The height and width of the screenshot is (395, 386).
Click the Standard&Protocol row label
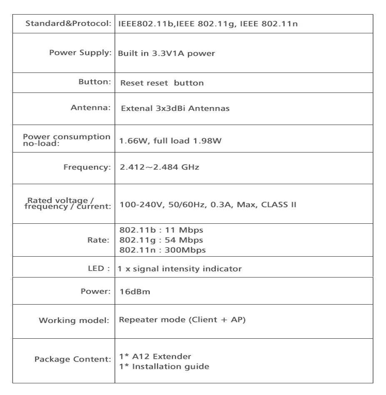pos(69,23)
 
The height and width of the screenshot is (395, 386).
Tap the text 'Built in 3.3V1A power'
pos(167,53)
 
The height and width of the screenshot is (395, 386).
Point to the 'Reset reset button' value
pos(162,83)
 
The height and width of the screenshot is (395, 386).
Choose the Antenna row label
pos(90,108)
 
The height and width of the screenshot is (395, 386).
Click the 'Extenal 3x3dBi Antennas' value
pos(175,109)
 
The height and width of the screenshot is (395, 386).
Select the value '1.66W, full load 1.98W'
pos(170,141)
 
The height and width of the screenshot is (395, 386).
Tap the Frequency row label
pos(87,167)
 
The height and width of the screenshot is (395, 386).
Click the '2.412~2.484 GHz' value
pos(159,167)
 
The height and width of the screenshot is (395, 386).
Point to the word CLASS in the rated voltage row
pos(276,205)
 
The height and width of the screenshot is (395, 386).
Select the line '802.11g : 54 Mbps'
pos(161,240)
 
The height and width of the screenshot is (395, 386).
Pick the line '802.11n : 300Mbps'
pos(162,250)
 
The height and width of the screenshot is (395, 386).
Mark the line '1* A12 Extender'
pos(155,357)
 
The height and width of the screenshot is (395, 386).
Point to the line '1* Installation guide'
pos(164,367)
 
